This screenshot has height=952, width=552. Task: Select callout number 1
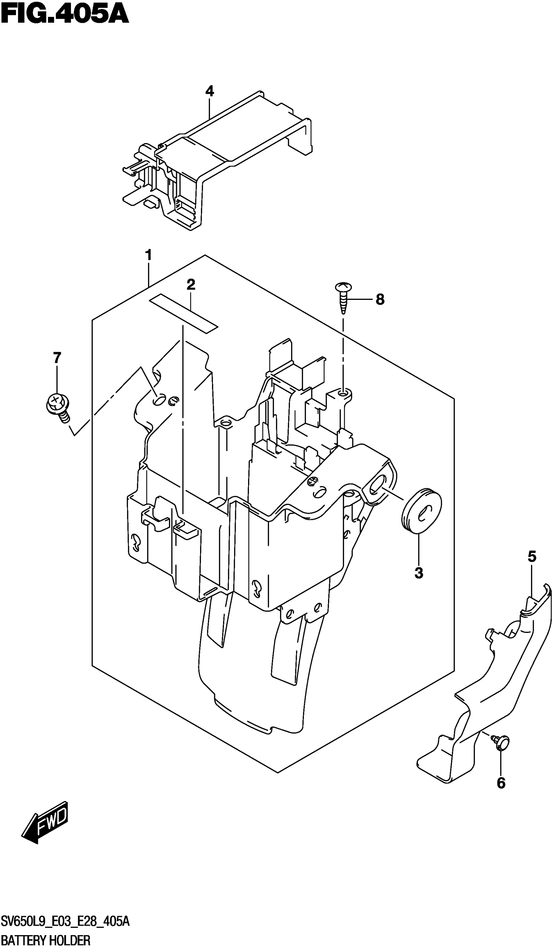pos(148,255)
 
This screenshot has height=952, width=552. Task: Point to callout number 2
pos(191,284)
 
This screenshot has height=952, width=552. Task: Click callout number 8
pos(380,300)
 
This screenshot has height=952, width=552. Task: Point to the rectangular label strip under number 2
pos(184,314)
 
